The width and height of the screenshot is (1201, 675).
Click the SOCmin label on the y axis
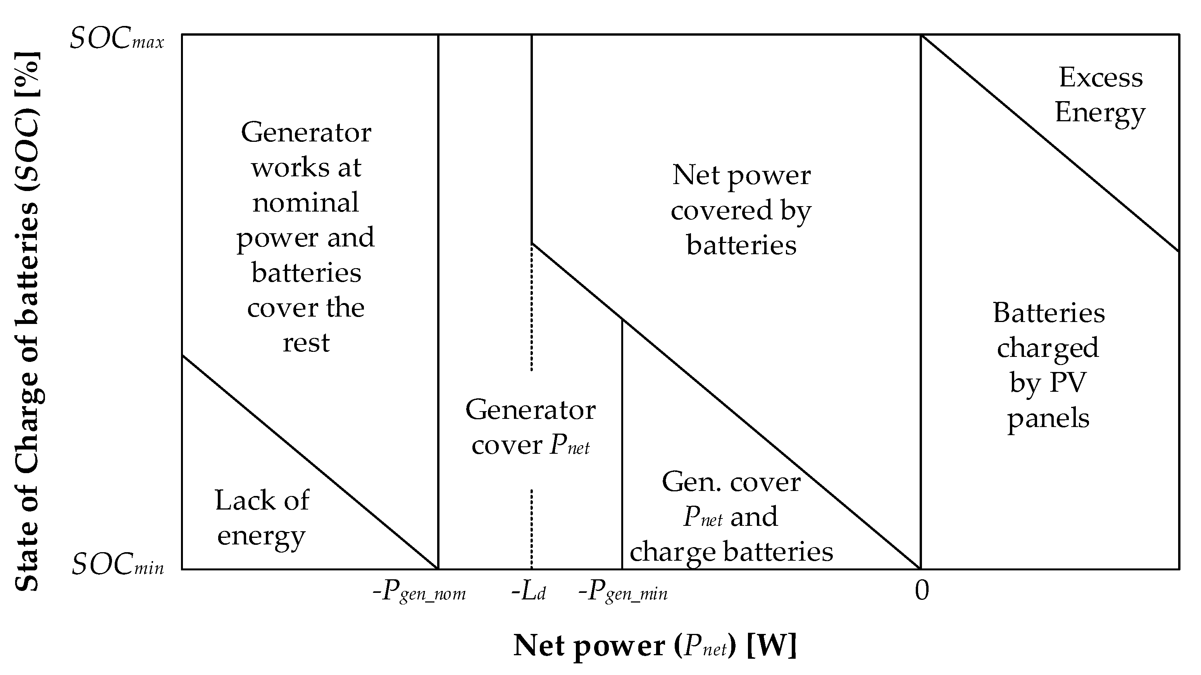click(117, 565)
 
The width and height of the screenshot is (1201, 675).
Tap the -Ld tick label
click(528, 592)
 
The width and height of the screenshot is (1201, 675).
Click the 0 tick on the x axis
click(921, 591)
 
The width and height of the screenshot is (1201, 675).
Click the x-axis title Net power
click(655, 646)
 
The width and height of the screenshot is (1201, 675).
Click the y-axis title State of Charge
click(28, 322)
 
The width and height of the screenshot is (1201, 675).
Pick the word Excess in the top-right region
click(1100, 77)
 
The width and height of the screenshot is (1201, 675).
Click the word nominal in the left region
click(305, 202)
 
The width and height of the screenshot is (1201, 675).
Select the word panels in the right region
click(1048, 418)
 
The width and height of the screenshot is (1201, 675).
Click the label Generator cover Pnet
click(530, 427)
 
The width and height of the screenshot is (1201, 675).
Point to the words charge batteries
click(731, 552)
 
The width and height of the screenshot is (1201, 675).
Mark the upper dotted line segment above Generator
click(531, 308)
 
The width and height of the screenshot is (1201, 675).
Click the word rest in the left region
click(306, 343)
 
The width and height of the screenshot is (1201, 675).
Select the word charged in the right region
click(1048, 348)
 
